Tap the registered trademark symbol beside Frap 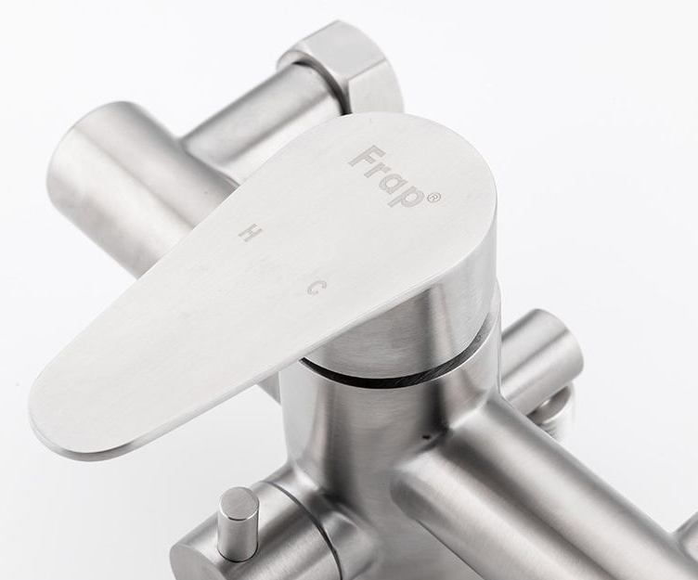point(434,197)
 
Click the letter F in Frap point(363,157)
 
